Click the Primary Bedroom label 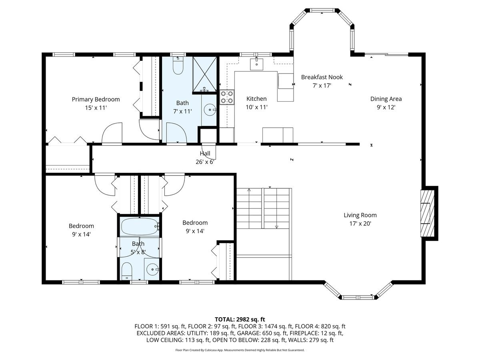pyautogui.click(x=96, y=99)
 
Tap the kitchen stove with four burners pyautogui.click(x=227, y=97)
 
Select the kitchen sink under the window pyautogui.click(x=256, y=64)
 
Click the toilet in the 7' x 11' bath pyautogui.click(x=178, y=66)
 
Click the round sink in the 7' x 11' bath pyautogui.click(x=210, y=109)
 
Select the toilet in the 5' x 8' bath pyautogui.click(x=126, y=271)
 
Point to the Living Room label pyautogui.click(x=360, y=215)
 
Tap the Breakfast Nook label pyautogui.click(x=322, y=77)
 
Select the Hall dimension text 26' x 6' pyautogui.click(x=205, y=162)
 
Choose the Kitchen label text pyautogui.click(x=256, y=99)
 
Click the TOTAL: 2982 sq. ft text pyautogui.click(x=240, y=319)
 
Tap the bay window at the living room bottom pyautogui.click(x=358, y=296)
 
